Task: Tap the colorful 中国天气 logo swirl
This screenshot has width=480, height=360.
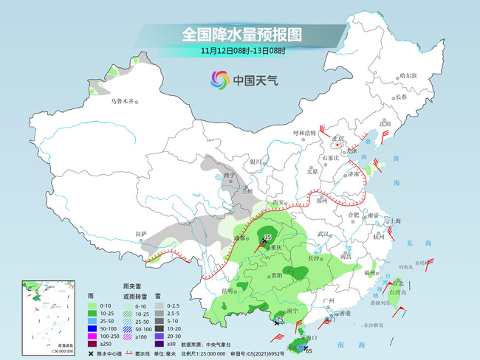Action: [219, 80]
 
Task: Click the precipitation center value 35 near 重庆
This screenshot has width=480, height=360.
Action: [267, 236]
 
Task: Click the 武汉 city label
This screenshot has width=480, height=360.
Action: [321, 233]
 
